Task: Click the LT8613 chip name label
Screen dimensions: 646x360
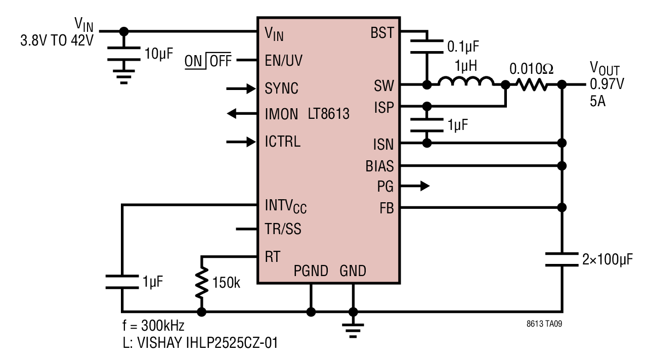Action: pyautogui.click(x=328, y=114)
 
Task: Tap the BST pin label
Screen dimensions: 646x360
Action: pyautogui.click(x=382, y=33)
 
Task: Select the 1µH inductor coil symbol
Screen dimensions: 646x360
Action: pyautogui.click(x=466, y=81)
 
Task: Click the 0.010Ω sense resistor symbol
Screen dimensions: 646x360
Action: pyautogui.click(x=531, y=85)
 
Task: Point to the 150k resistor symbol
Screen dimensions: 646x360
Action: pyautogui.click(x=201, y=283)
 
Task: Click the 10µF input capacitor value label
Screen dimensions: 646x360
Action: pyautogui.click(x=159, y=54)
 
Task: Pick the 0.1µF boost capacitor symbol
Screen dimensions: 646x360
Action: pyautogui.click(x=427, y=47)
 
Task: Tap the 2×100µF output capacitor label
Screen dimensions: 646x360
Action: pyautogui.click(x=608, y=259)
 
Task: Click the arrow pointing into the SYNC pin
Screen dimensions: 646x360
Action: pyautogui.click(x=241, y=89)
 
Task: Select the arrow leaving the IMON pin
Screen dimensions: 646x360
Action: pyautogui.click(x=242, y=114)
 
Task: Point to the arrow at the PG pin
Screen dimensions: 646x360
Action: pyautogui.click(x=415, y=186)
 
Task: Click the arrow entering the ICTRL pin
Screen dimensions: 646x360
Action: pyautogui.click(x=241, y=142)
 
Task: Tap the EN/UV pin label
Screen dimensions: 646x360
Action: pyautogui.click(x=283, y=61)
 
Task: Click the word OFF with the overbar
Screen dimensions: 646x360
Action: pyautogui.click(x=221, y=61)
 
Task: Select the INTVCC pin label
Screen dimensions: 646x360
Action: pyautogui.click(x=285, y=207)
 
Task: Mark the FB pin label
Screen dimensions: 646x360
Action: pyautogui.click(x=386, y=208)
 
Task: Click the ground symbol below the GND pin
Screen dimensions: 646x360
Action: pyautogui.click(x=353, y=330)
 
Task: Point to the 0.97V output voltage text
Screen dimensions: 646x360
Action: pyautogui.click(x=607, y=84)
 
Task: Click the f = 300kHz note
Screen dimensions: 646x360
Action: pyautogui.click(x=153, y=326)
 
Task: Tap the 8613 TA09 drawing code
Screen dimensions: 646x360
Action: pyautogui.click(x=544, y=324)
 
